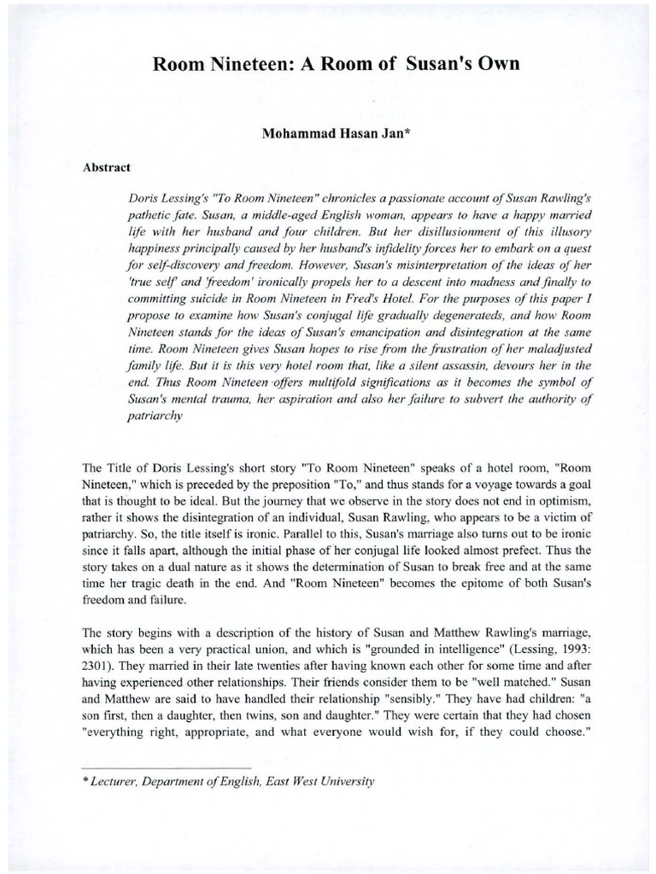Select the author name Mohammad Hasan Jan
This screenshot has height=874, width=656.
pyautogui.click(x=327, y=135)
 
